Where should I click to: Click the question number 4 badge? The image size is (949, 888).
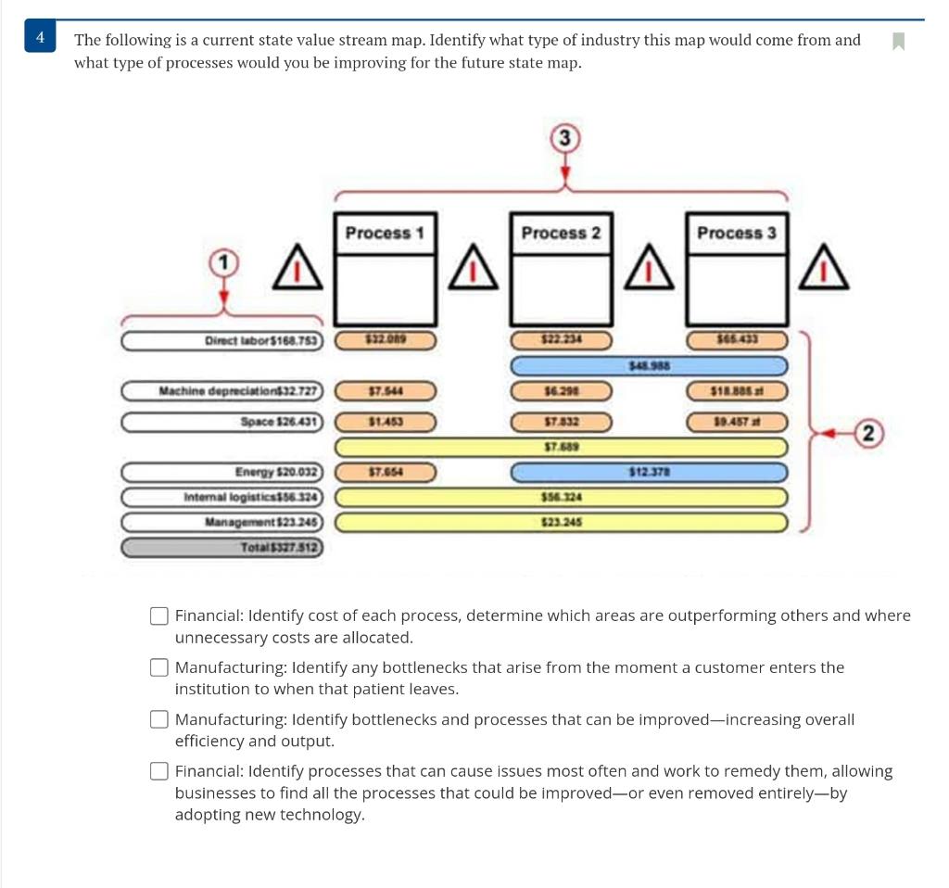click(40, 37)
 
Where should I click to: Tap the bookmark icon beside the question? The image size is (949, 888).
click(897, 42)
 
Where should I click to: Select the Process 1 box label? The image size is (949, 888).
click(384, 233)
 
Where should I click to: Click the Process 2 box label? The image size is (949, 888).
click(561, 233)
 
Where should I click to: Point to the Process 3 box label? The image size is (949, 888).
click(737, 233)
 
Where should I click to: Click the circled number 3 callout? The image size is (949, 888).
click(564, 139)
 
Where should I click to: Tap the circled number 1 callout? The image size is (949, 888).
click(221, 263)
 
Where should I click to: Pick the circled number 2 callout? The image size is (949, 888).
click(868, 432)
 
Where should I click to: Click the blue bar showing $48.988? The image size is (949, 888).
click(650, 367)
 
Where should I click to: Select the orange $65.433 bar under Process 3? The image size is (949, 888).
click(738, 341)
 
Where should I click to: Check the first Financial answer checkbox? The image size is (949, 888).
click(160, 616)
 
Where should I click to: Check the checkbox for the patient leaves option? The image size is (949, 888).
click(160, 668)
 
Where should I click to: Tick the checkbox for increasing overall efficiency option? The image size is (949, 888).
click(160, 720)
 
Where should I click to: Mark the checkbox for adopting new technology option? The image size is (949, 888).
click(160, 772)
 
